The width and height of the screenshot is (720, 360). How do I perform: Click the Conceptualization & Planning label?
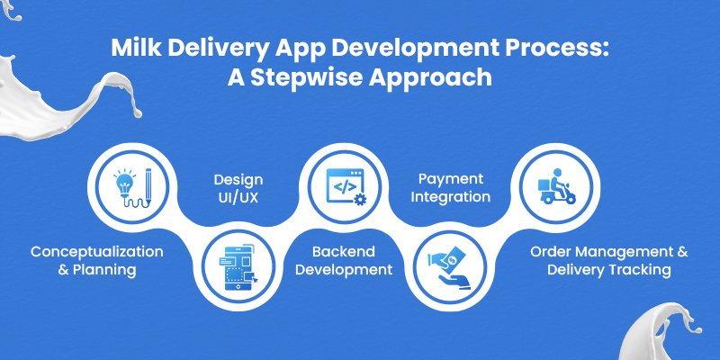[x=97, y=259]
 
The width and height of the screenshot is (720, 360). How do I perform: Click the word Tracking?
[x=652, y=269]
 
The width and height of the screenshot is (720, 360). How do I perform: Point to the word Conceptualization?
[x=97, y=250]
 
